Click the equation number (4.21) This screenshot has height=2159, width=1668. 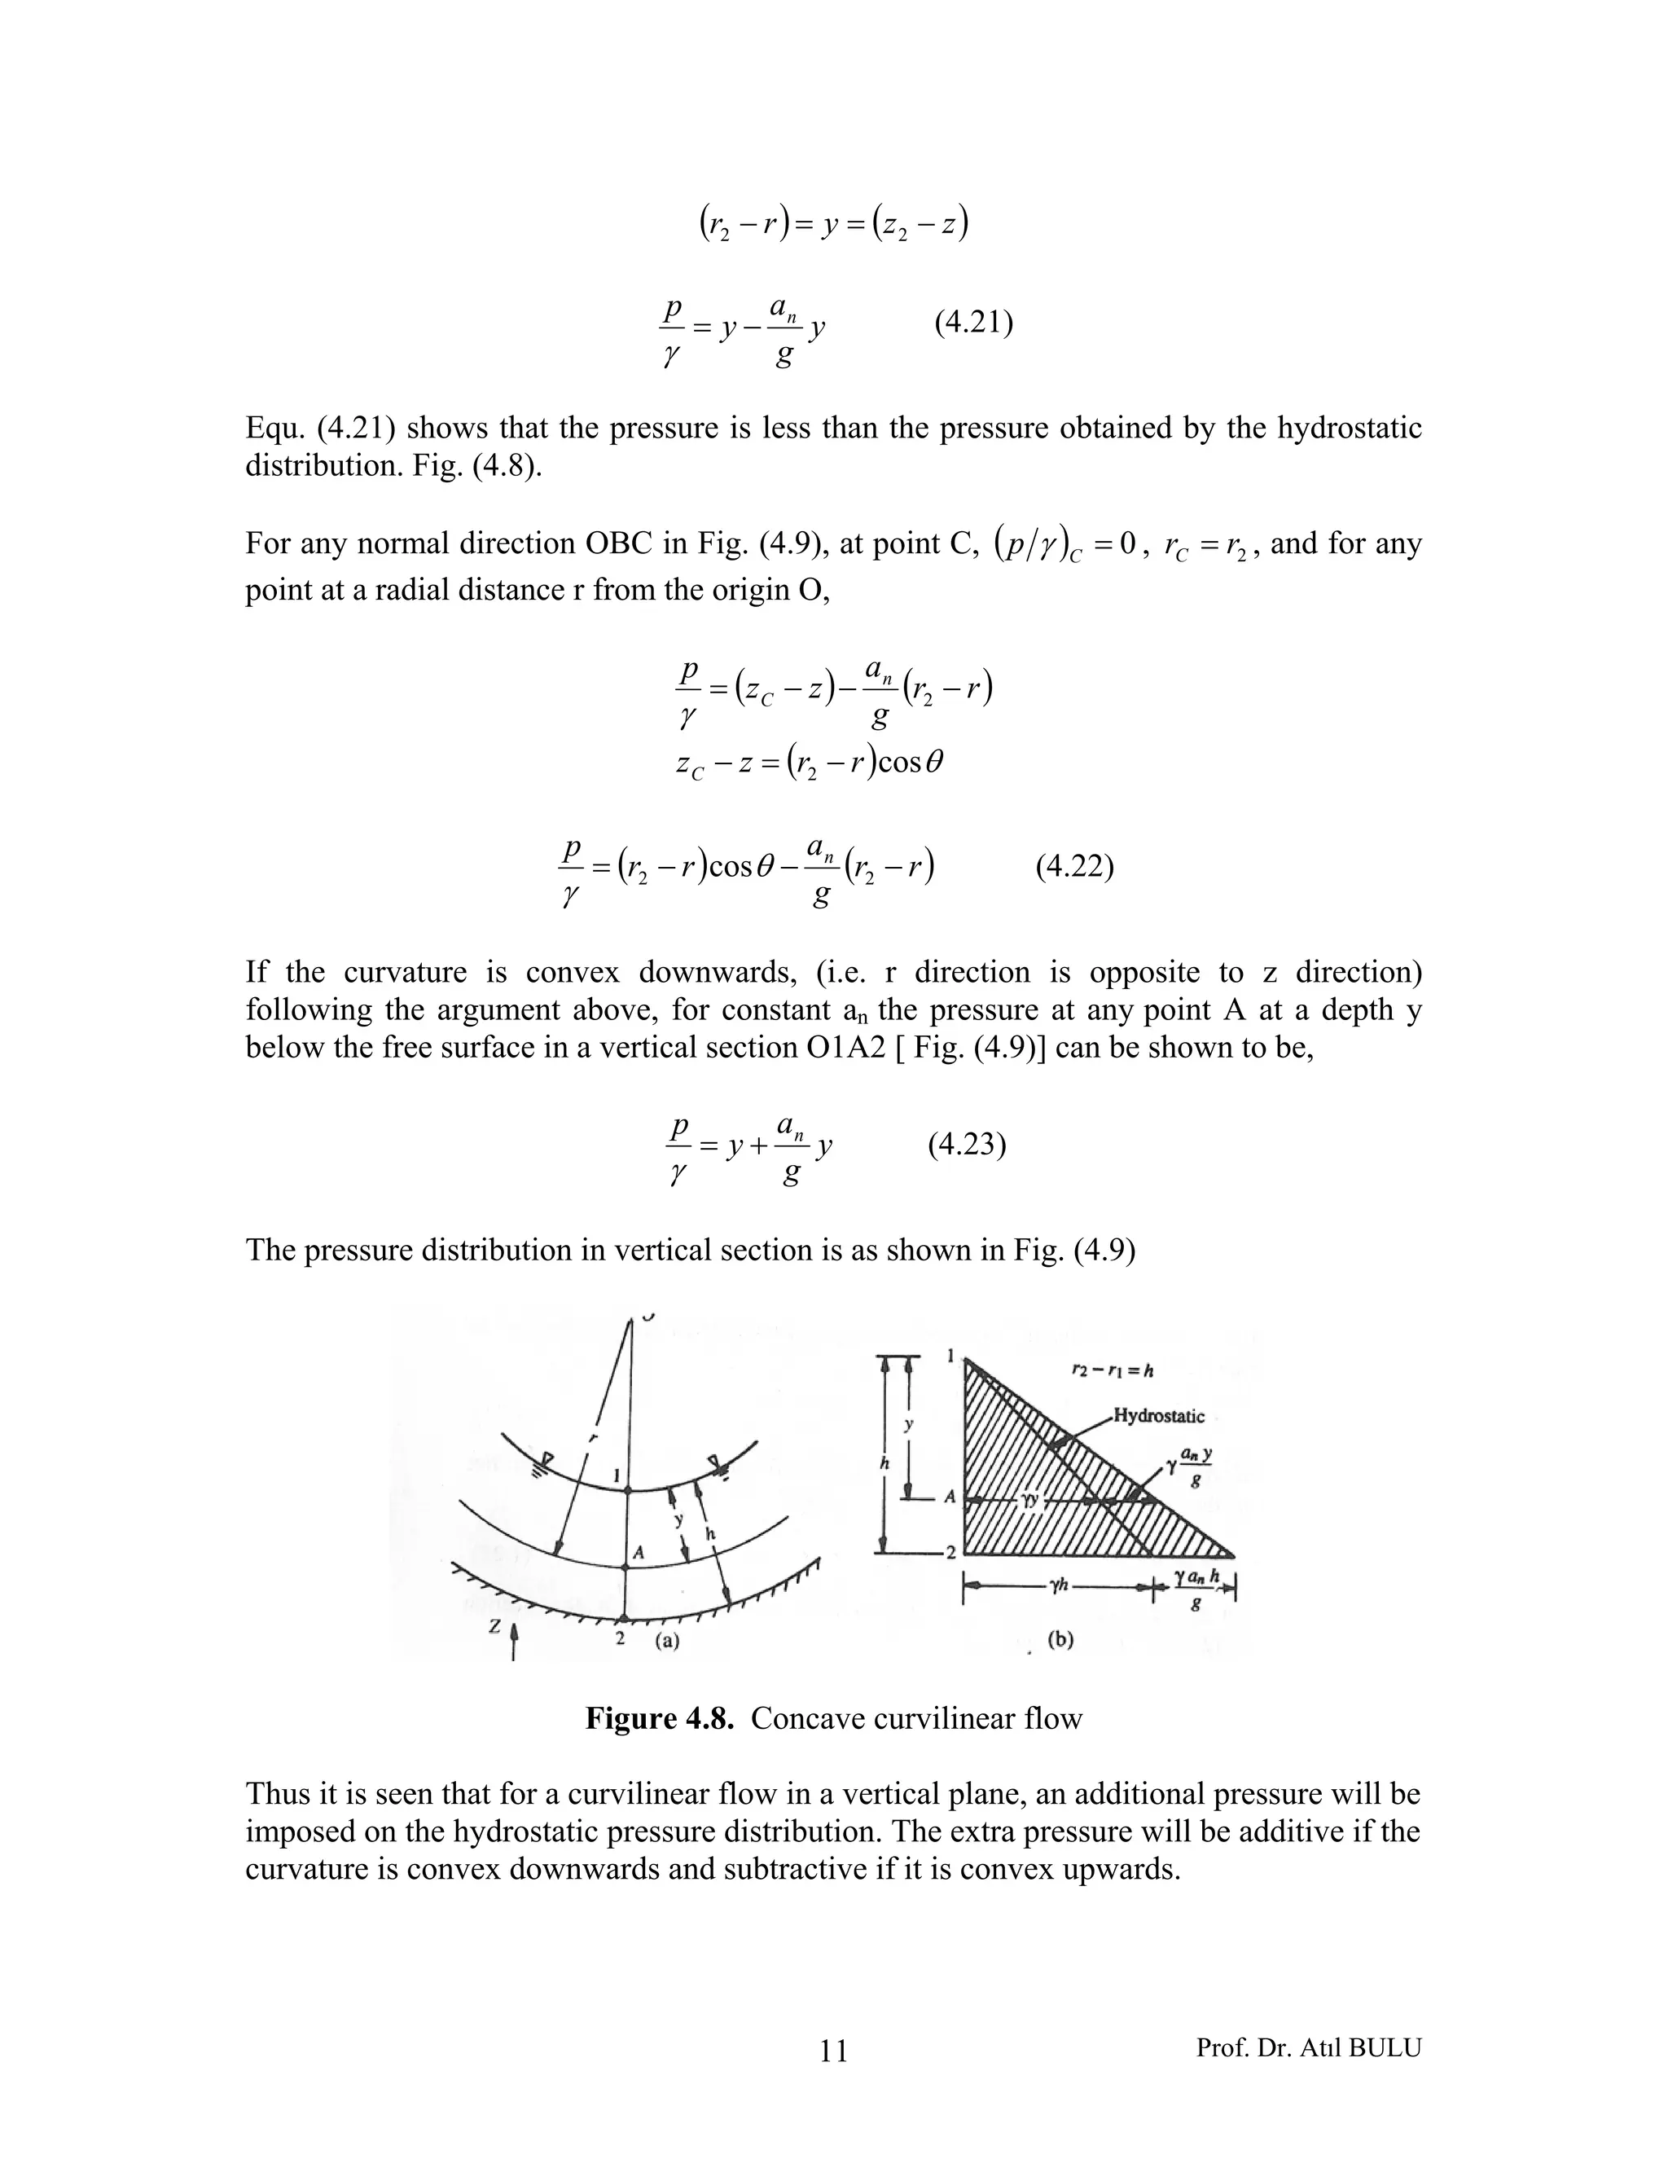973,323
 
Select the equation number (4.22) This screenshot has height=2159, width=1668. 1075,867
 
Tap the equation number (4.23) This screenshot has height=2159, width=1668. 967,1145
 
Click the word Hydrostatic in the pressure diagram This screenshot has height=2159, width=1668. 1159,1416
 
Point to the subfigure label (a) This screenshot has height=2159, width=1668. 667,1640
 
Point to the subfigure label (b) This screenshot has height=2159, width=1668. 1060,1639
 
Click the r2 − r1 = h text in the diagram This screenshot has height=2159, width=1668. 1113,1370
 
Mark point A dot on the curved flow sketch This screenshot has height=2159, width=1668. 625,1568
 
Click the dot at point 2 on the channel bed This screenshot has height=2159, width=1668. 625,1618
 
